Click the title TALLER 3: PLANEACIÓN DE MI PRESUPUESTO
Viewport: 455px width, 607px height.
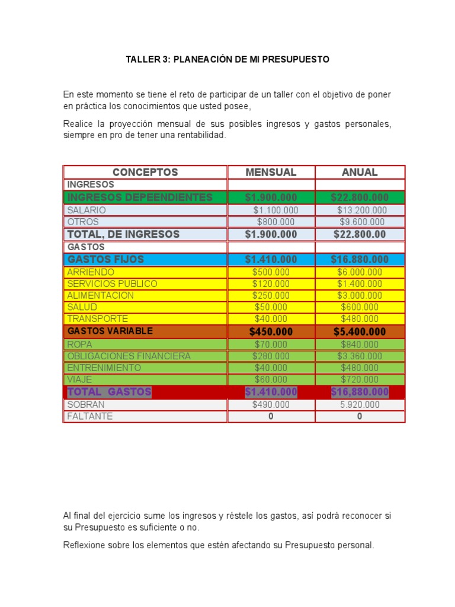coord(227,60)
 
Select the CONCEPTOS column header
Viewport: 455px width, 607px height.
coord(145,172)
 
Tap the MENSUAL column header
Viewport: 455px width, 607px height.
coord(271,172)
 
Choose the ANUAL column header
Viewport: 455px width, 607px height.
coord(360,172)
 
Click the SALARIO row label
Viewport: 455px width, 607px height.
coord(86,210)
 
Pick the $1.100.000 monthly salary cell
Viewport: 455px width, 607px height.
coord(275,210)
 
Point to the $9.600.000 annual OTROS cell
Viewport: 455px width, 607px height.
coord(361,222)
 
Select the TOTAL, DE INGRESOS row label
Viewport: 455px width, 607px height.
coord(123,234)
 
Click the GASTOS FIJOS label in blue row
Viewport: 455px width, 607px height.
coord(105,260)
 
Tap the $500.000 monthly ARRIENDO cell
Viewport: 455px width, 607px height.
coord(271,272)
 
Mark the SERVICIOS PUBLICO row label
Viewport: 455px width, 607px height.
coord(112,284)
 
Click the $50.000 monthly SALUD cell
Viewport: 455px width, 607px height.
coord(271,307)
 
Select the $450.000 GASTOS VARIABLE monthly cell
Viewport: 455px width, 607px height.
coord(271,331)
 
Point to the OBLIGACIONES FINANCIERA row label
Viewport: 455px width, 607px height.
coord(129,356)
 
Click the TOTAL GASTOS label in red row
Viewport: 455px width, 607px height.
coord(109,392)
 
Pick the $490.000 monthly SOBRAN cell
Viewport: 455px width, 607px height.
coord(271,404)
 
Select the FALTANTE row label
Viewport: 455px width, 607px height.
coord(89,416)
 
